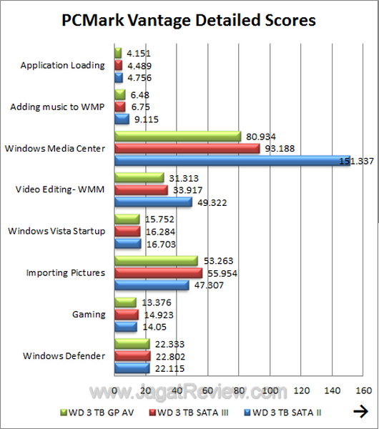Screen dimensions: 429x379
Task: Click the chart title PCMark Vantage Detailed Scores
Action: click(x=189, y=20)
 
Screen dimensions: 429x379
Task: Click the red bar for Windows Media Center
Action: click(x=187, y=149)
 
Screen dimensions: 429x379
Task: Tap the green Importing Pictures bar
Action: click(x=156, y=260)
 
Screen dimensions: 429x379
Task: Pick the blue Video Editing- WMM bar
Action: click(x=153, y=202)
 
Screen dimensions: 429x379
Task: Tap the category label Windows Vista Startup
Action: click(x=56, y=231)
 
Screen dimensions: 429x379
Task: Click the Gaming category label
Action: click(x=90, y=314)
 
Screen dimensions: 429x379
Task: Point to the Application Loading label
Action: click(x=63, y=65)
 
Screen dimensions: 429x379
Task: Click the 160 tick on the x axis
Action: click(x=363, y=390)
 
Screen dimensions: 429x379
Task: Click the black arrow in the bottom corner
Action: click(x=361, y=411)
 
